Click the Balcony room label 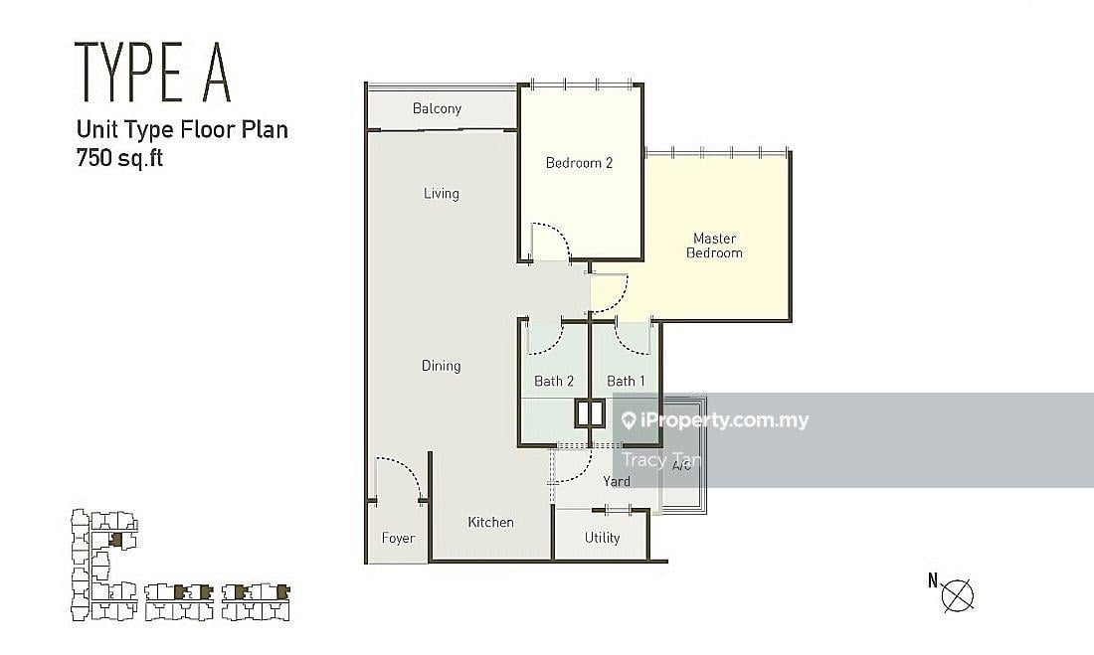[x=437, y=108]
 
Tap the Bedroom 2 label [x=579, y=163]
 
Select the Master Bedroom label [x=714, y=246]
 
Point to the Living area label [x=441, y=193]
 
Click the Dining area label [x=441, y=366]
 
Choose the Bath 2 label [x=554, y=381]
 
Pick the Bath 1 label [x=626, y=381]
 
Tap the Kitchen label [x=490, y=522]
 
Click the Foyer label [x=399, y=538]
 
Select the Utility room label [x=602, y=538]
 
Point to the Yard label [x=617, y=481]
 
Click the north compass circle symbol [x=957, y=595]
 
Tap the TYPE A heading [x=153, y=72]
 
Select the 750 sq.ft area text [x=119, y=158]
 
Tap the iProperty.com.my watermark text [x=714, y=419]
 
